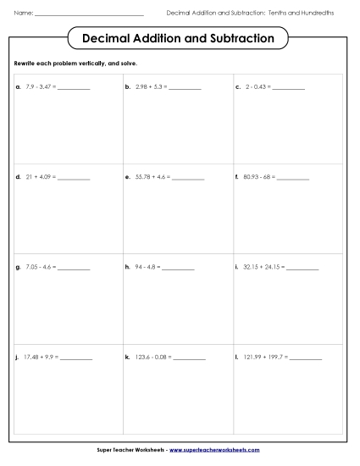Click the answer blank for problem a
tap(75, 88)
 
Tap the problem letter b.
tap(127, 86)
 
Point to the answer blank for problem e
tap(189, 179)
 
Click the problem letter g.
tap(18, 267)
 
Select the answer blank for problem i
tap(303, 269)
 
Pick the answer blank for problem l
tap(306, 358)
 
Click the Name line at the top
tap(89, 15)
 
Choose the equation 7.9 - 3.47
tap(40, 86)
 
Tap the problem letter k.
tap(127, 357)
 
